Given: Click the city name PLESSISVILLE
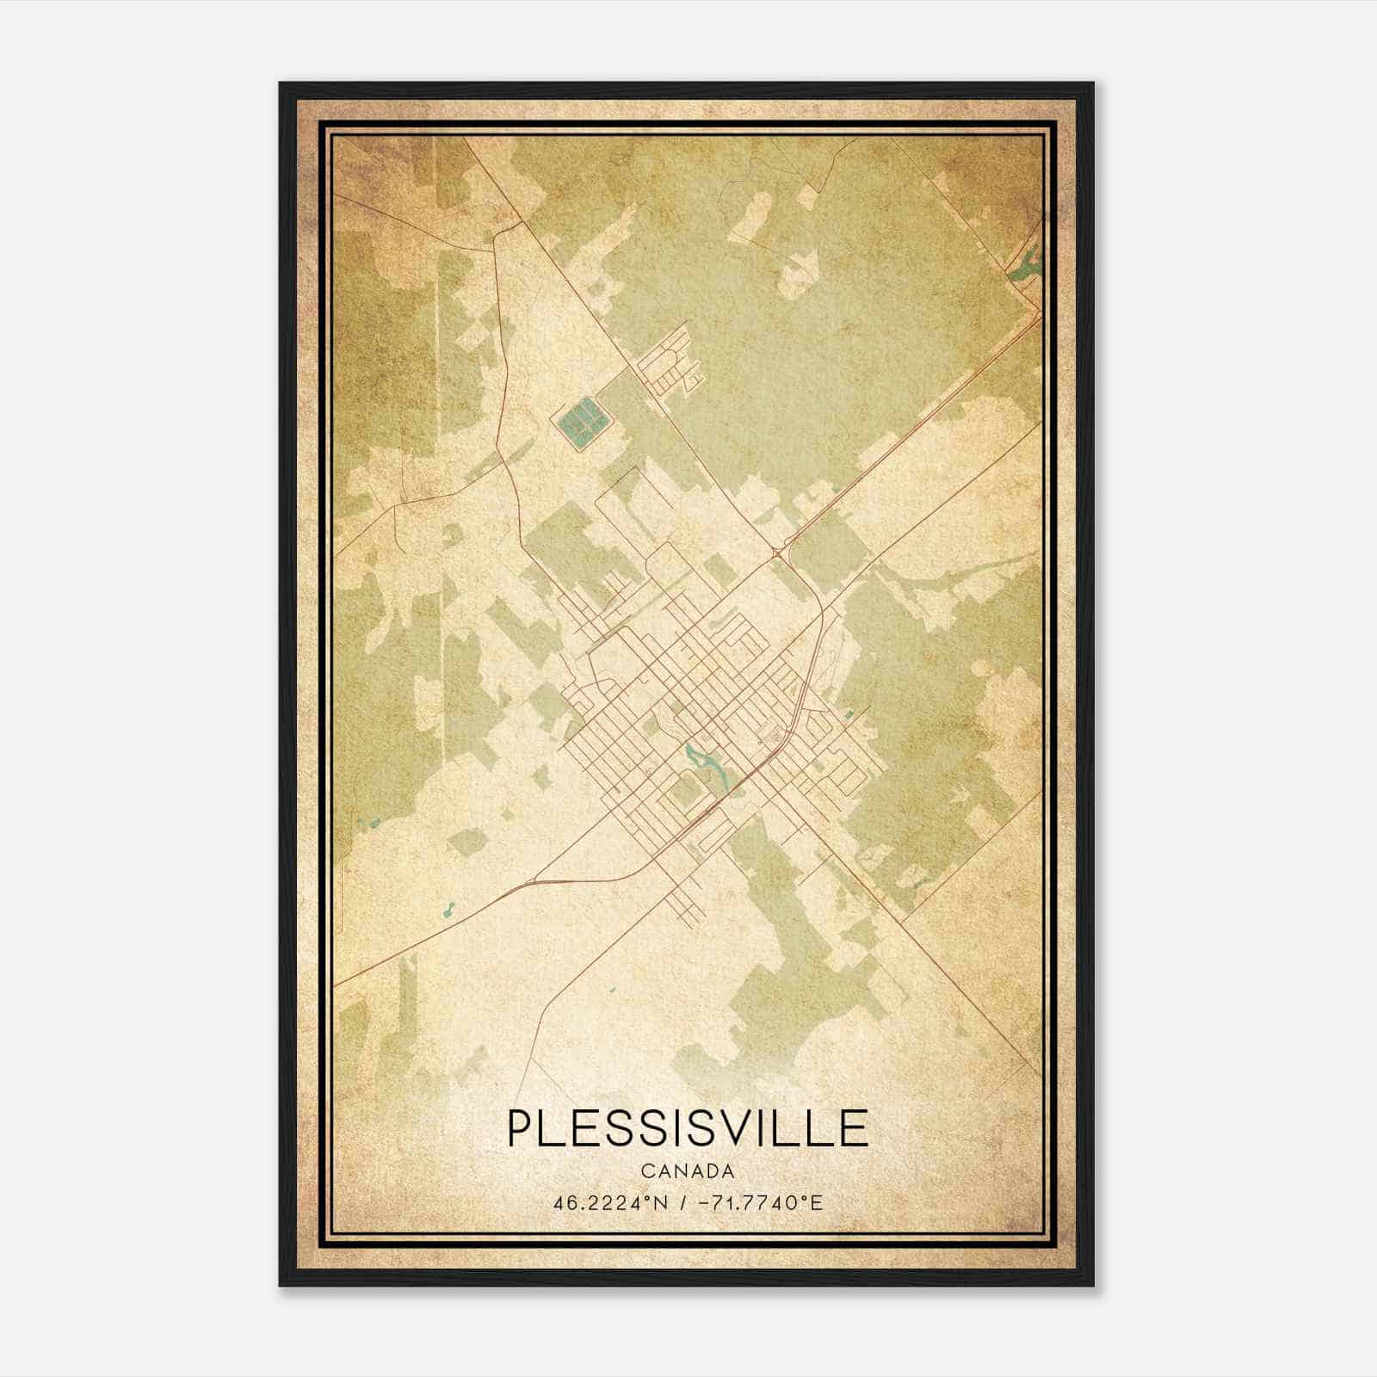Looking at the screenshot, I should [x=688, y=1127].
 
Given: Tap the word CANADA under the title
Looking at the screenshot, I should [x=688, y=1171].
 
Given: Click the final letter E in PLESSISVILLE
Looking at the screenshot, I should [x=855, y=1127].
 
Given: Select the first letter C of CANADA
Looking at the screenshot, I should [x=645, y=1171].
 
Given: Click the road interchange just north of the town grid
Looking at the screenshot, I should [x=781, y=552].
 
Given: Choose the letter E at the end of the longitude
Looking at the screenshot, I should [x=817, y=1202].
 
